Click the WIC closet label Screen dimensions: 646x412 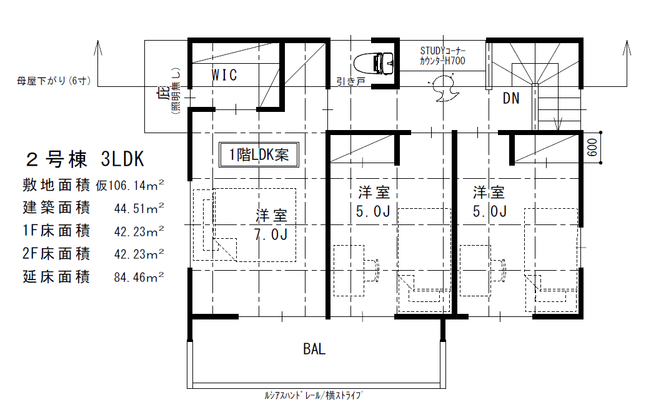tap(224, 75)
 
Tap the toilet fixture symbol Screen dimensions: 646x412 tap(373, 63)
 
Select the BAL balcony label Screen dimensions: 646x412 tap(314, 349)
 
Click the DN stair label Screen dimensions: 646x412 tap(511, 98)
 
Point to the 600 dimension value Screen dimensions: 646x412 tap(592, 147)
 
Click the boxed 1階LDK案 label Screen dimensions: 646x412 tap(259, 154)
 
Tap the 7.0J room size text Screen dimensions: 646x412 tap(271, 234)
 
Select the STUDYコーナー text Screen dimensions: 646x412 tap(442, 51)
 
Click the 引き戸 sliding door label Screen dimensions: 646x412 tap(350, 82)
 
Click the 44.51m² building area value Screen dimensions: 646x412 tap(139, 208)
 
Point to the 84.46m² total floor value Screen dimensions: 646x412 tap(139, 277)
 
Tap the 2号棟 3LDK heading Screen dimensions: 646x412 tap(85, 159)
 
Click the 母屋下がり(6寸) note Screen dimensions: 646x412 tap(54, 81)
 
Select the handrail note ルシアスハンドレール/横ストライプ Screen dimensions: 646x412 tap(314, 396)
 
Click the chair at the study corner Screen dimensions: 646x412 tap(444, 88)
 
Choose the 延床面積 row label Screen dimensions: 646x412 tap(56, 277)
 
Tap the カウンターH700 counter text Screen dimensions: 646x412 tap(442, 61)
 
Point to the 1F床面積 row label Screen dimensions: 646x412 tap(56, 231)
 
